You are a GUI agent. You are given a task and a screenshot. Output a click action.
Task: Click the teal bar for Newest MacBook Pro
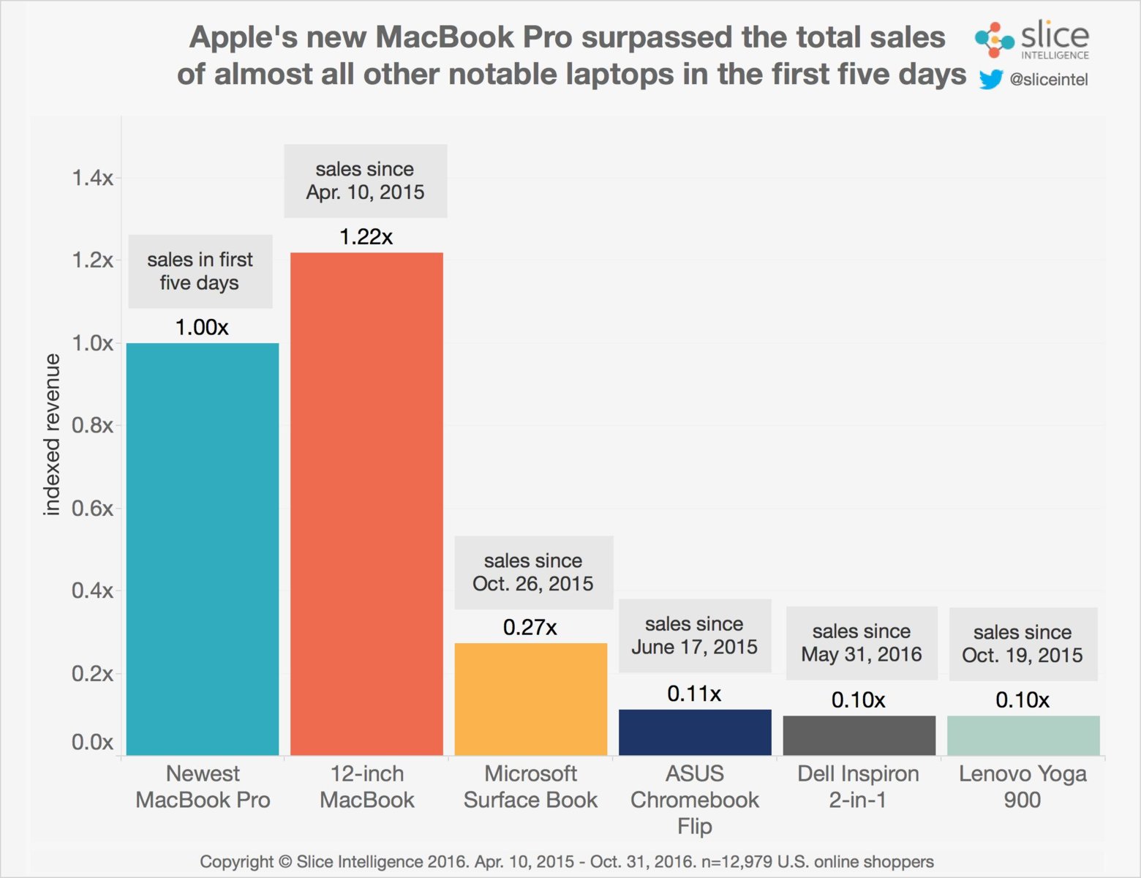pyautogui.click(x=203, y=549)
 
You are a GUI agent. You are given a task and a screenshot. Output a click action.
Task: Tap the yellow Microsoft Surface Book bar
pyautogui.click(x=531, y=699)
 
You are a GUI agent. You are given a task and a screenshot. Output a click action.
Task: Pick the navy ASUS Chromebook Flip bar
pyautogui.click(x=695, y=732)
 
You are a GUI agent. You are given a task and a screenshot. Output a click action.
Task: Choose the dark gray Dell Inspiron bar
pyautogui.click(x=859, y=735)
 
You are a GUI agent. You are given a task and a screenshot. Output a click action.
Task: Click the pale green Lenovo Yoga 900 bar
pyautogui.click(x=1023, y=735)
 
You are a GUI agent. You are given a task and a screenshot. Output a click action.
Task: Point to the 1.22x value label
pyautogui.click(x=366, y=237)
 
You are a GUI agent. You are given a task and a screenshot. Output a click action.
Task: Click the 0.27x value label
pyautogui.click(x=530, y=627)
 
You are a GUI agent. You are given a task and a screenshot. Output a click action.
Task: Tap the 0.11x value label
pyautogui.click(x=694, y=694)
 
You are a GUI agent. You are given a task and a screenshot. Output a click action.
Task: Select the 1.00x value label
pyautogui.click(x=202, y=327)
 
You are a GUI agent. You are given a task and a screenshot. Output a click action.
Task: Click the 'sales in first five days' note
pyautogui.click(x=200, y=271)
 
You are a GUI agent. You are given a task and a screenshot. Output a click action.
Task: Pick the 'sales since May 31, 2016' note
pyautogui.click(x=862, y=642)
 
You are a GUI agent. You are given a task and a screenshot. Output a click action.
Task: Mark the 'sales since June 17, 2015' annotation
pyautogui.click(x=694, y=635)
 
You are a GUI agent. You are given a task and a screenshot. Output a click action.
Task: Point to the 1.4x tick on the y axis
pyautogui.click(x=92, y=178)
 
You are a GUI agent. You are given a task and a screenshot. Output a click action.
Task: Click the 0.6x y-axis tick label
pyautogui.click(x=92, y=509)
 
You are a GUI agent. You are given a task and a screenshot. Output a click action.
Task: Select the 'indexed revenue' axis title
pyautogui.click(x=51, y=435)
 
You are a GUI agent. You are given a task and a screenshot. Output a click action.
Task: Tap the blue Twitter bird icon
pyautogui.click(x=990, y=79)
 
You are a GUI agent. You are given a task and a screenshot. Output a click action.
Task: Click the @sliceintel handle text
pyautogui.click(x=1048, y=79)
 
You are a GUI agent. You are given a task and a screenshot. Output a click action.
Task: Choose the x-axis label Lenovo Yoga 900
pyautogui.click(x=1023, y=787)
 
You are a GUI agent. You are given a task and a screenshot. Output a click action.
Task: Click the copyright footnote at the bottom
pyautogui.click(x=567, y=862)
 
